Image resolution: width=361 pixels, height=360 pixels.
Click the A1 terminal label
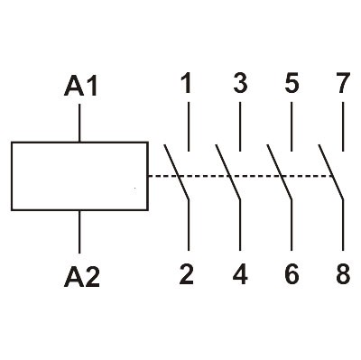[x=81, y=88]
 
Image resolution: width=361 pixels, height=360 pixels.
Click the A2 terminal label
[x=81, y=276]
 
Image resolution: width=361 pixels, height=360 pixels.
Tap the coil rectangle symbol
[x=79, y=177]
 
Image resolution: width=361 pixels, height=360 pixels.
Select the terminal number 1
[x=187, y=85]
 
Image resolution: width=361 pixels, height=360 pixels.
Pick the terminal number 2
[x=187, y=274]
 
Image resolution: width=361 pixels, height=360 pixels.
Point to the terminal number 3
[x=239, y=85]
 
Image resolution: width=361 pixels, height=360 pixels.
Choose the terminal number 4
[x=240, y=274]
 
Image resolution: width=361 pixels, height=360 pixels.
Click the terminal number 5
[x=292, y=85]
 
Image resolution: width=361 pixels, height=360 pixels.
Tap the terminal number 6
[x=292, y=274]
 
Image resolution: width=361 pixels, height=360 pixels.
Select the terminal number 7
[x=343, y=85]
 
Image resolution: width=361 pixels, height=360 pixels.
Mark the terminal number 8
[x=343, y=274]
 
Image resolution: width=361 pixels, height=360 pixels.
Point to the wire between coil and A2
[x=81, y=233]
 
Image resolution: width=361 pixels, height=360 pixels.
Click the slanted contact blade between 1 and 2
[x=177, y=172]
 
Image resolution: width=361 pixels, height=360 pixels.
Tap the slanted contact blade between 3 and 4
[x=229, y=172]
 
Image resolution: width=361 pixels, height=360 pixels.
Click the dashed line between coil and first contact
[x=159, y=176]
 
